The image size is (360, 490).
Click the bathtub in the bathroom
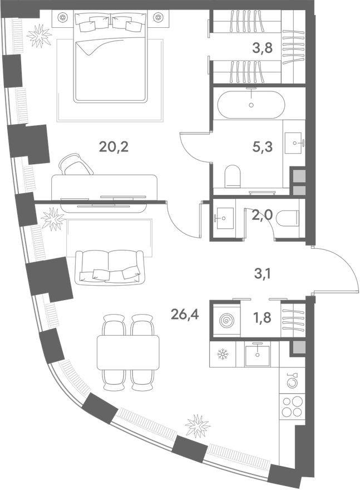[251, 104]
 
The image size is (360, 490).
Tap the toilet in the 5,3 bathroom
[231, 177]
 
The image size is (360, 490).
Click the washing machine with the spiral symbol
[226, 321]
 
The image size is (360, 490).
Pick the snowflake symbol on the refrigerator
[223, 354]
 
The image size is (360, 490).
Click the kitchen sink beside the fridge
[257, 354]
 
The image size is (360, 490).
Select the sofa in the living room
[109, 265]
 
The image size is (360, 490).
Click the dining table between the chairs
[128, 352]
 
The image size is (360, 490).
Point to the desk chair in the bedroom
[76, 164]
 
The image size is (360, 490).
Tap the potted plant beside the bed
[39, 36]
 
